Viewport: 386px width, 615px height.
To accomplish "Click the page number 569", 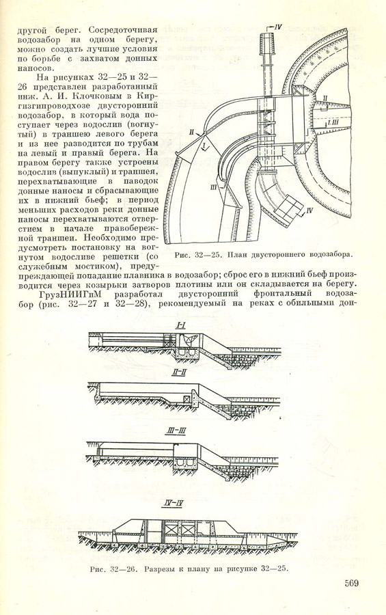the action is pyautogui.click(x=351, y=583).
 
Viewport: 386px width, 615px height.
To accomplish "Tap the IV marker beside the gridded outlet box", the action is pyautogui.click(x=309, y=210).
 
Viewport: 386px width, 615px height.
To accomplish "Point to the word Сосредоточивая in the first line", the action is pyautogui.click(x=123, y=30).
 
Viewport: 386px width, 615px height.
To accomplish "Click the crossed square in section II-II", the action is pyautogui.click(x=187, y=399).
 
